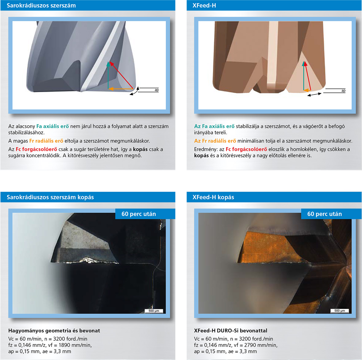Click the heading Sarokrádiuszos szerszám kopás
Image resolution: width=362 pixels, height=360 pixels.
click(x=50, y=197)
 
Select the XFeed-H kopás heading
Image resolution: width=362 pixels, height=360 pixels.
click(x=213, y=197)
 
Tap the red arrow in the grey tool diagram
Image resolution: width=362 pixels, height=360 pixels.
click(x=121, y=75)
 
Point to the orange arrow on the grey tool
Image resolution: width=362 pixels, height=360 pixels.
click(x=121, y=89)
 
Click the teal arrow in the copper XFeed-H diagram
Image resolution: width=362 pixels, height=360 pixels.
click(x=304, y=76)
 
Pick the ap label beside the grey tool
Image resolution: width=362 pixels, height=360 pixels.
click(x=156, y=90)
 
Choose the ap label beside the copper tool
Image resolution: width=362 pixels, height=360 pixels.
click(x=343, y=90)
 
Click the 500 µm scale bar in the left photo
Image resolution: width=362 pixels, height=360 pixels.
click(x=154, y=311)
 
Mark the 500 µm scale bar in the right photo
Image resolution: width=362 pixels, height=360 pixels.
click(x=340, y=311)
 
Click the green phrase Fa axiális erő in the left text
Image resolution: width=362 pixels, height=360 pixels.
click(x=53, y=126)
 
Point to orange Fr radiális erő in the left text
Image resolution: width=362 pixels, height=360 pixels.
click(x=46, y=141)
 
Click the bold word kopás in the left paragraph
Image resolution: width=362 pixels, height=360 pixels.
click(x=140, y=149)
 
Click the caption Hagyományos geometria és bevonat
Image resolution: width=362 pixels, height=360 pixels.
click(x=54, y=331)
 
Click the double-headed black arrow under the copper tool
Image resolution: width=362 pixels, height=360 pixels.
click(x=314, y=94)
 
